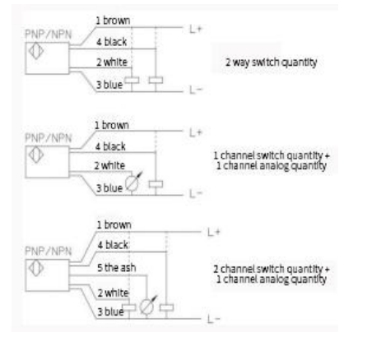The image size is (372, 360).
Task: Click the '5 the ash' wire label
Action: (116, 268)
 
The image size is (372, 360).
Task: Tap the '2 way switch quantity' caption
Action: (271, 62)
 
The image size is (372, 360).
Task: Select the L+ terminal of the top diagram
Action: (196, 29)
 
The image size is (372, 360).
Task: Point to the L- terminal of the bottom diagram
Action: (214, 319)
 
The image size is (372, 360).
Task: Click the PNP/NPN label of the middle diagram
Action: (49, 138)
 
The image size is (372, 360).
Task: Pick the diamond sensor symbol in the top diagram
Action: (36, 51)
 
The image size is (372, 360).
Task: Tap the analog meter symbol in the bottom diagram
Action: (148, 306)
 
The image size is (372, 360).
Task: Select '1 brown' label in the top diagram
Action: (113, 21)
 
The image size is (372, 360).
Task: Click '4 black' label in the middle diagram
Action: (110, 146)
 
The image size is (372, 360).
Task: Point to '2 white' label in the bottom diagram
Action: (113, 293)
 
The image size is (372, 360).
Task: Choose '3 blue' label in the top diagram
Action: (109, 85)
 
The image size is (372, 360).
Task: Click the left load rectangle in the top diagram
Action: (132, 81)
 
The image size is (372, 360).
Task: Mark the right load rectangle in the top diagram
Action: (156, 81)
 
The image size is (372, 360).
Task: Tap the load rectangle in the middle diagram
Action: (156, 184)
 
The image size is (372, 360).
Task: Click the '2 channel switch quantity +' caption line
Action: (272, 269)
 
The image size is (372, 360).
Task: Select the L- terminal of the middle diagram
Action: (196, 194)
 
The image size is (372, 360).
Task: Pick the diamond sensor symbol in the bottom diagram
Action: (36, 268)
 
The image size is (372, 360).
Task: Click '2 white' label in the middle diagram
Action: (109, 165)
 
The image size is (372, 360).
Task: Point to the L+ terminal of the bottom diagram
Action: (214, 232)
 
